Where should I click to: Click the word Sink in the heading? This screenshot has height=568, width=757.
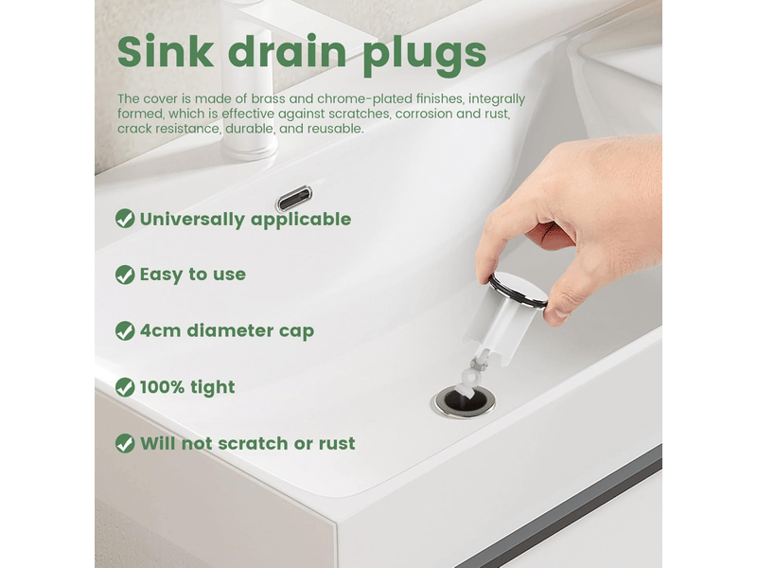coord(165,51)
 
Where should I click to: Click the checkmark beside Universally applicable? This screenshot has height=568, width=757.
coord(125,219)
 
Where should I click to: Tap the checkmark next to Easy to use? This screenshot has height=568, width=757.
coord(125,275)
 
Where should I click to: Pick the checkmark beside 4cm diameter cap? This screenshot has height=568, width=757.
coord(125,330)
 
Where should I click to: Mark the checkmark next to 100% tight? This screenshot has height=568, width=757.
coord(125,387)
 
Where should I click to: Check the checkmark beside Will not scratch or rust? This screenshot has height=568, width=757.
coord(125,443)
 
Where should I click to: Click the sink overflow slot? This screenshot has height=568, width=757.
coord(293,198)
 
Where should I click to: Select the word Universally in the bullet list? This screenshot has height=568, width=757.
coord(192,220)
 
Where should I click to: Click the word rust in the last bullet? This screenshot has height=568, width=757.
coord(337,443)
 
